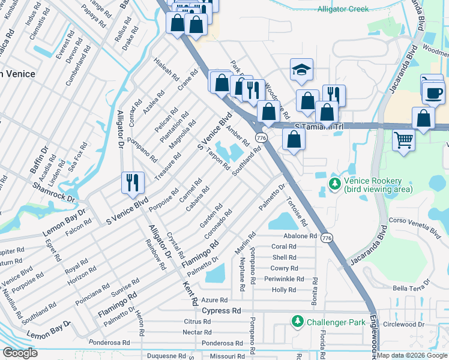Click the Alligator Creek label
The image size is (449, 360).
click(x=343, y=9)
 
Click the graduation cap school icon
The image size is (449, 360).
click(x=301, y=70)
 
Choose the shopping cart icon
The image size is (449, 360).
click(x=403, y=140)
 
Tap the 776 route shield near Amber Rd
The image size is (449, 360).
click(x=261, y=138)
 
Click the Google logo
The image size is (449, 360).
click(x=20, y=353)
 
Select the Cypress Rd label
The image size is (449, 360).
click(x=221, y=311)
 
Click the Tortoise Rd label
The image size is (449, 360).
click(x=297, y=212)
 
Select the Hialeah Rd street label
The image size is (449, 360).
click(x=166, y=70)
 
